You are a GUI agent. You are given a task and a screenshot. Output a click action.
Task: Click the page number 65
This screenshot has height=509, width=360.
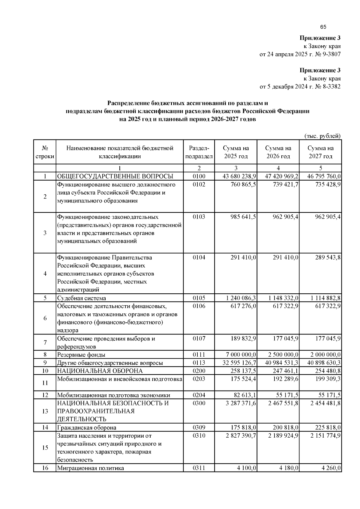pos(323,27)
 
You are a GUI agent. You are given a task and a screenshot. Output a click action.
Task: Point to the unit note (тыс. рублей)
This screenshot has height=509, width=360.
pos(322,136)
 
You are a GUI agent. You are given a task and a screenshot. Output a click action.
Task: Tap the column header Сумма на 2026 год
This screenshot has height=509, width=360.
pos(278,152)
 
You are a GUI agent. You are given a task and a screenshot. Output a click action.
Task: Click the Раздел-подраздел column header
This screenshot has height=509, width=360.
pos(199,152)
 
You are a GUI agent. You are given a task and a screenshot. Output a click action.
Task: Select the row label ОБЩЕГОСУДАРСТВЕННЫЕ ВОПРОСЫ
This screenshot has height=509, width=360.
pos(115,176)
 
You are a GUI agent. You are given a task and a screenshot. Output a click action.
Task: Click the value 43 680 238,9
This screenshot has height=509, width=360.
pos(239,176)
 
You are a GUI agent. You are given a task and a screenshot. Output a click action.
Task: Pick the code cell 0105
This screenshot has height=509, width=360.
pos(199,298)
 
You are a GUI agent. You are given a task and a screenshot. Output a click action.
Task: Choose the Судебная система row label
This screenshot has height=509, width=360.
pos(82,298)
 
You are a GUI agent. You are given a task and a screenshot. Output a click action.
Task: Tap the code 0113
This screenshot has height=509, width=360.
pos(199,363)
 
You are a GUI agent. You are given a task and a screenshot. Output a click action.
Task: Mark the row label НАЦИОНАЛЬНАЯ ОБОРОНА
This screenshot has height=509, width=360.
pos(100,371)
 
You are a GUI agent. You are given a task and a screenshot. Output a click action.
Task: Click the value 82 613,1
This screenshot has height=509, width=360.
pos(245,395)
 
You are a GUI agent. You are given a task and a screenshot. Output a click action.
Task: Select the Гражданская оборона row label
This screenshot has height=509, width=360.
pos(87,427)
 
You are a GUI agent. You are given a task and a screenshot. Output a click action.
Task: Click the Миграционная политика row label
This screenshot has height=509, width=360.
pos(91,468)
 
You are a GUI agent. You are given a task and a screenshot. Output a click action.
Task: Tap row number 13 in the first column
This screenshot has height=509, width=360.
pos(45,411)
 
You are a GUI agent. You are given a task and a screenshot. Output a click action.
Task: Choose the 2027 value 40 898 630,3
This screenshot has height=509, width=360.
pos(324,363)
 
